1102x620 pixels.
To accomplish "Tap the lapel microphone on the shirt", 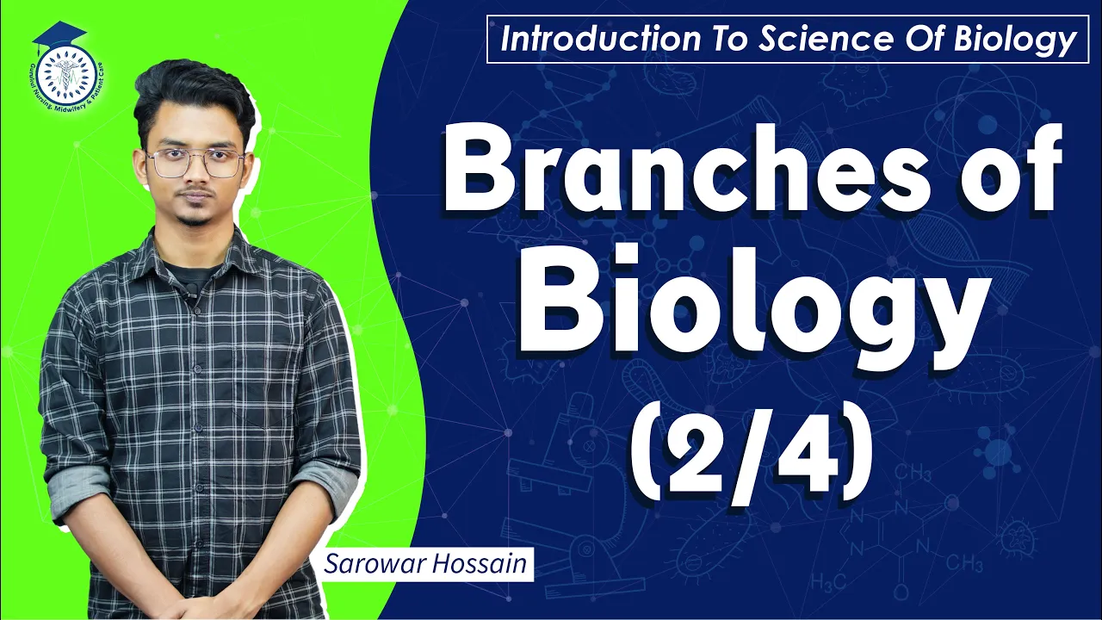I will click(185, 298).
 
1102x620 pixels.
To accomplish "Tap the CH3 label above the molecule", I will click(912, 473).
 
